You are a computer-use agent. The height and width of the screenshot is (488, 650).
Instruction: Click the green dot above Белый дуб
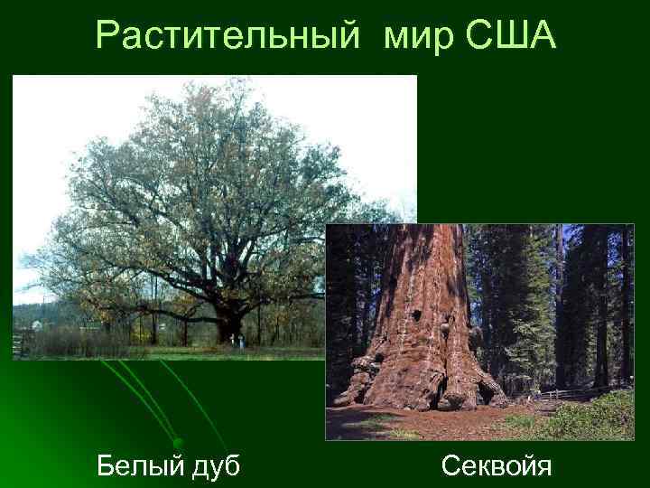(178, 441)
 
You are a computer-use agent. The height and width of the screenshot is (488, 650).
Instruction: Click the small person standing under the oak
(236, 341)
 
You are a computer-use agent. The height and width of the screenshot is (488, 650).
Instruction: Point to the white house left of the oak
(36, 324)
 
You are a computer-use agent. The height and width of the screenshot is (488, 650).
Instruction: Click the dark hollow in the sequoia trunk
(416, 317)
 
